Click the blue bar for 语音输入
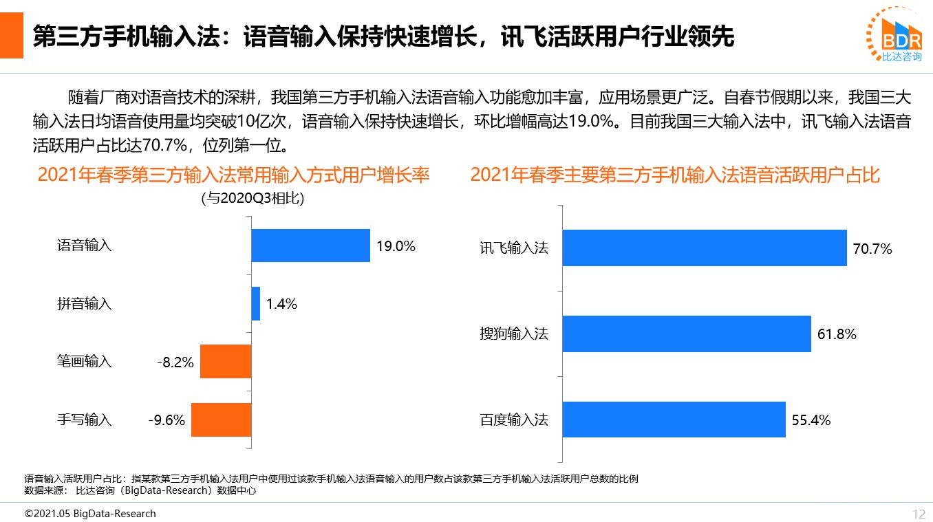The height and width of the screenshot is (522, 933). [310, 246]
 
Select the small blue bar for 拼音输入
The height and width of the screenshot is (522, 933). [255, 303]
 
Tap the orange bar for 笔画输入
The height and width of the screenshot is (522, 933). [226, 362]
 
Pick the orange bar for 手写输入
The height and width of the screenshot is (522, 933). [221, 420]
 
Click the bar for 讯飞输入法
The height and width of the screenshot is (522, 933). [704, 248]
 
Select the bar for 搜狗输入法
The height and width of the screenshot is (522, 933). [686, 334]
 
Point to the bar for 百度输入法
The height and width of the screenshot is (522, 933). [674, 420]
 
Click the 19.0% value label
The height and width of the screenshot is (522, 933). [396, 246]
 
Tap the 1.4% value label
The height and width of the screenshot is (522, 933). [281, 304]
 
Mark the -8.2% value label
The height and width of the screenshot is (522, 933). [175, 362]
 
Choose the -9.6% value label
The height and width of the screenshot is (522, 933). [167, 420]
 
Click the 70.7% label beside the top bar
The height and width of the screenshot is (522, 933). [872, 249]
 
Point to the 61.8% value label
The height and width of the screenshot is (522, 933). [837, 334]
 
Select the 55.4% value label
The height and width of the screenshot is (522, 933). [811, 420]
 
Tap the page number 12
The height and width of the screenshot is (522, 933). [919, 514]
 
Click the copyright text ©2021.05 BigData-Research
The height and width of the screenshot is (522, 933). [90, 514]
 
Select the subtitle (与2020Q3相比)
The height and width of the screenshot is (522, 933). [253, 199]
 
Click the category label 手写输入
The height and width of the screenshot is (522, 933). [84, 420]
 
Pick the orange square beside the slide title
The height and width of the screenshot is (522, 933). [11, 34]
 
